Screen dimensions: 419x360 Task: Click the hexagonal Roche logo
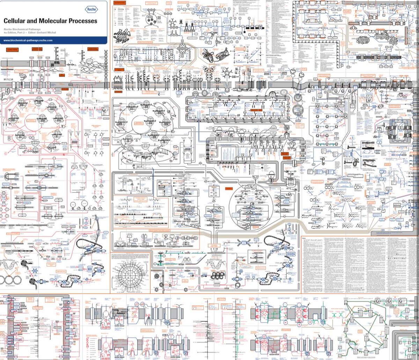tap(91, 9)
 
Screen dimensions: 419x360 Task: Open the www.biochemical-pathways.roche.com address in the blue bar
tap(28, 40)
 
